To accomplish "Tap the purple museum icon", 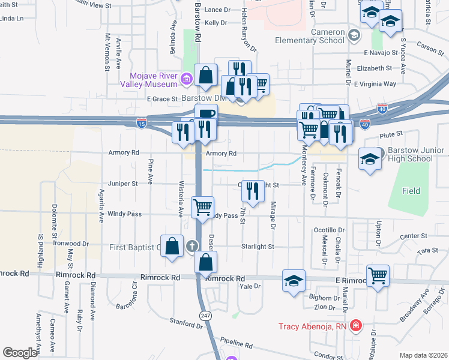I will [186, 78].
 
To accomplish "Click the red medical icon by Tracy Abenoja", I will [356, 326].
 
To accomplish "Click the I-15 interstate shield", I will [142, 122].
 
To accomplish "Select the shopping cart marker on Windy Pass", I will [202, 207].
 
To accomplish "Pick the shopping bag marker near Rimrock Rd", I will [205, 262].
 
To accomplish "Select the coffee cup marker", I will [205, 113].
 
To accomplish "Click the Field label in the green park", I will [411, 191].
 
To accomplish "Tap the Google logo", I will [20, 353].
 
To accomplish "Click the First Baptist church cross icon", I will [191, 245].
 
